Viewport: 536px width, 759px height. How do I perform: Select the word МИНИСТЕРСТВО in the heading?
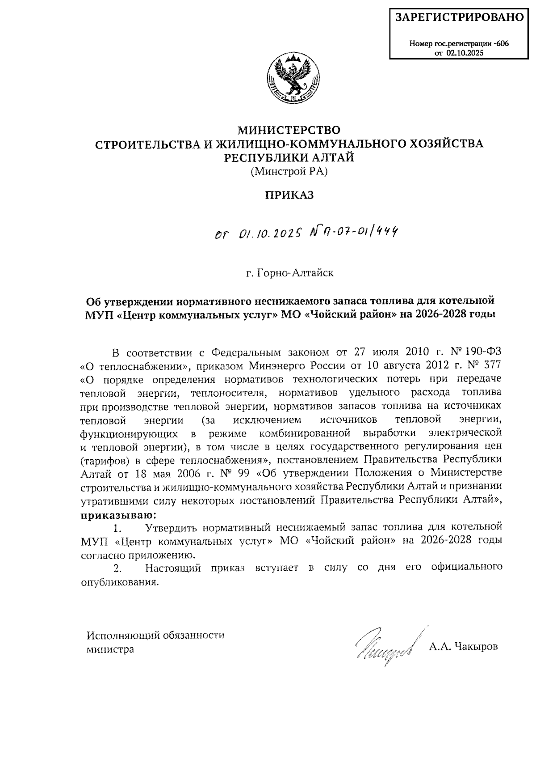[289, 130]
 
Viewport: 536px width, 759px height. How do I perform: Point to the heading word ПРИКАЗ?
[290, 195]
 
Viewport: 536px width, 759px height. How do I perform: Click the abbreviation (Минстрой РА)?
[289, 171]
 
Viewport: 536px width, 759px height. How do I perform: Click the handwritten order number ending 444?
[351, 232]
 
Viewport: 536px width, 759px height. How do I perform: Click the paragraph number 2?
[117, 568]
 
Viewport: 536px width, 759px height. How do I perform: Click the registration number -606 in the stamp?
[501, 44]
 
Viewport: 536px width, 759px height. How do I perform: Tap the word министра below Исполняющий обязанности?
[110, 649]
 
